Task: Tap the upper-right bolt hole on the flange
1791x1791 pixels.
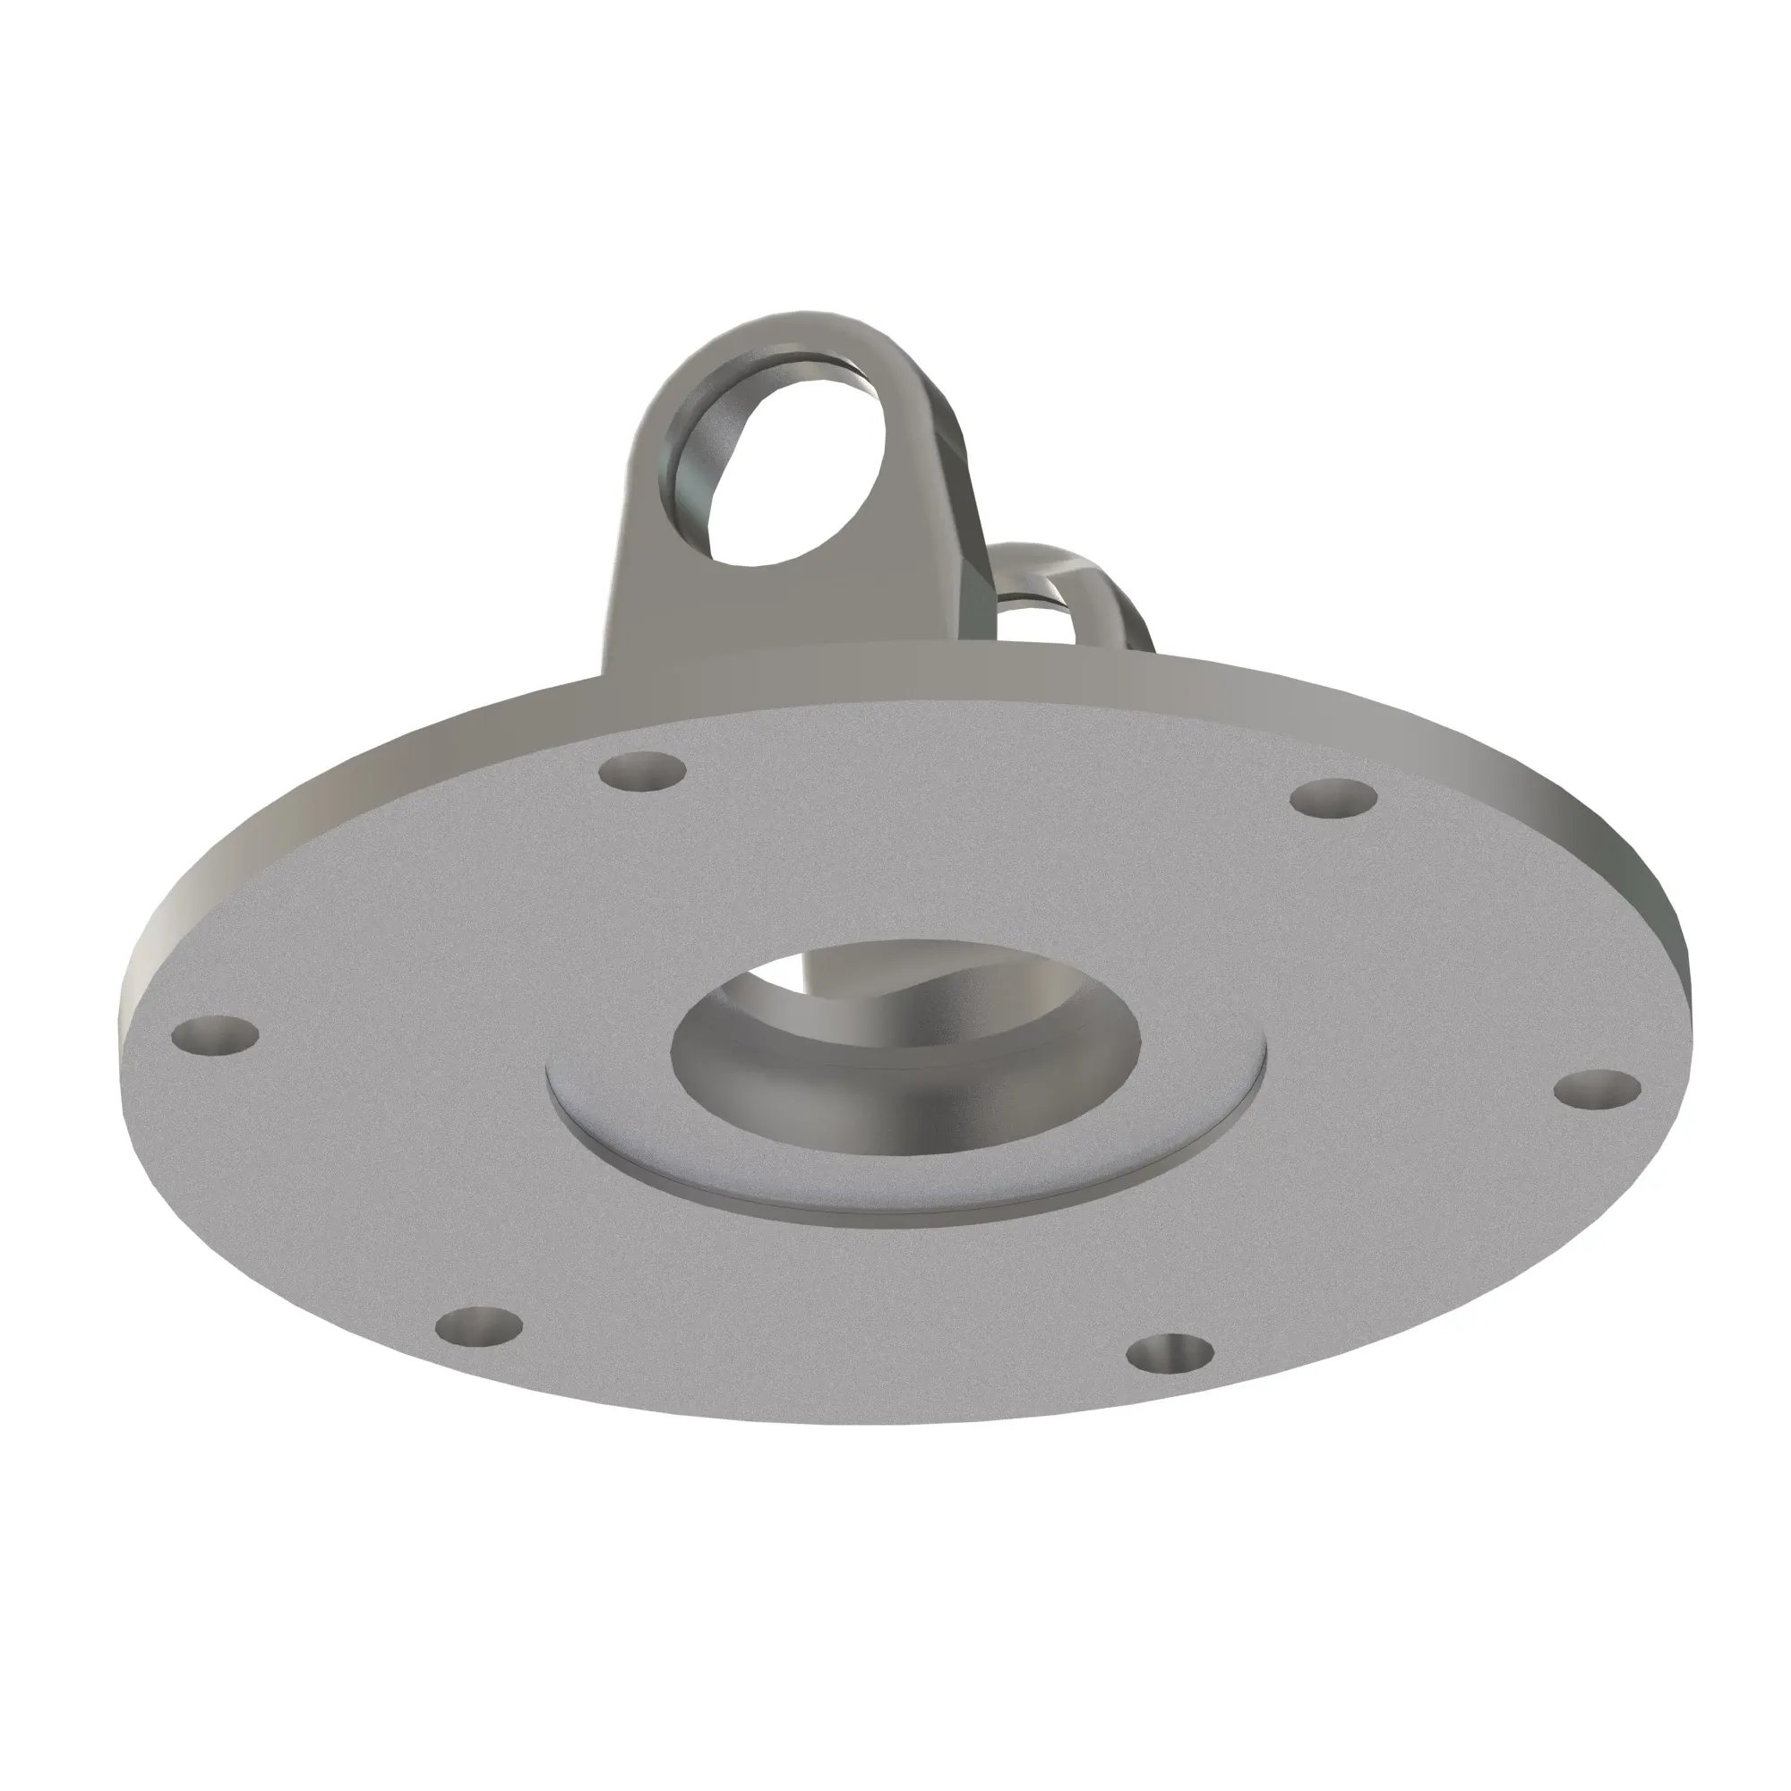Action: (x=1334, y=798)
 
